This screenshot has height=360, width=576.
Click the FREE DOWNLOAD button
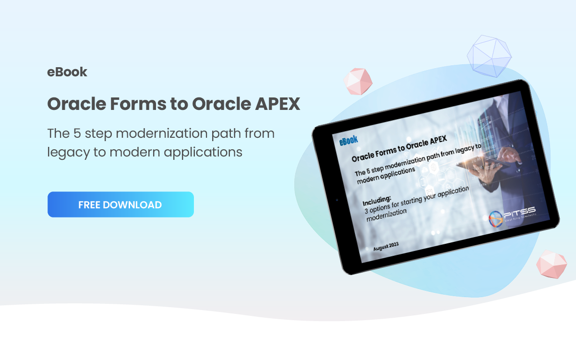pos(120,204)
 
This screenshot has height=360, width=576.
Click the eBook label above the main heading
pos(67,72)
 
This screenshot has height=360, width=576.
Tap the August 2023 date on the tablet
pos(385,247)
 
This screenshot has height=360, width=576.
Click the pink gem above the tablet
pos(358,81)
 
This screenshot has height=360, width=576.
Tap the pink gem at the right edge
pos(552,263)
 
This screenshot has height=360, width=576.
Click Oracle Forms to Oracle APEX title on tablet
pos(399,149)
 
